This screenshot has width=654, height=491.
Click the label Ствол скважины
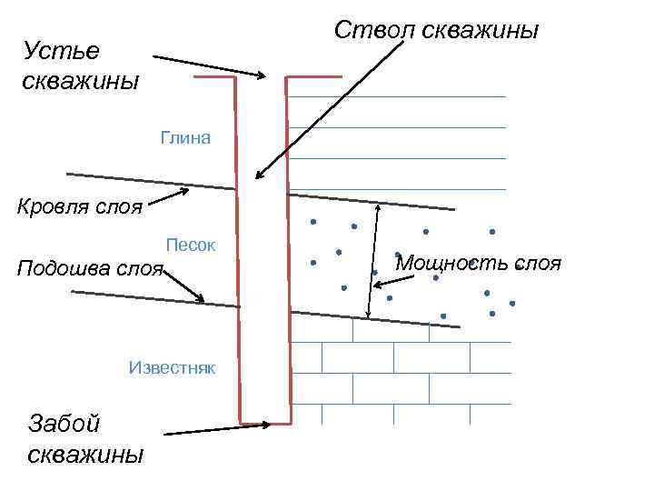(436, 30)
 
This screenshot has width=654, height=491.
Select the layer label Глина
(184, 138)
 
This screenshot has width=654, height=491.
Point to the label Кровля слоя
(80, 206)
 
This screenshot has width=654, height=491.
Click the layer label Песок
(190, 245)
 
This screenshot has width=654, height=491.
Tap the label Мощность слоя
(479, 264)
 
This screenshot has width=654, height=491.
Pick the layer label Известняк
(172, 367)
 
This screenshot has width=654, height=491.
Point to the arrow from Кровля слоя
(169, 198)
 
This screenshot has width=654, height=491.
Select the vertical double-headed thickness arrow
(373, 259)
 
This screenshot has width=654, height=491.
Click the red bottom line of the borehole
(265, 423)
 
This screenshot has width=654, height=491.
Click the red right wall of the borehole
(288, 255)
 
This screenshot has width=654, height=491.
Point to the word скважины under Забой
(85, 454)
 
